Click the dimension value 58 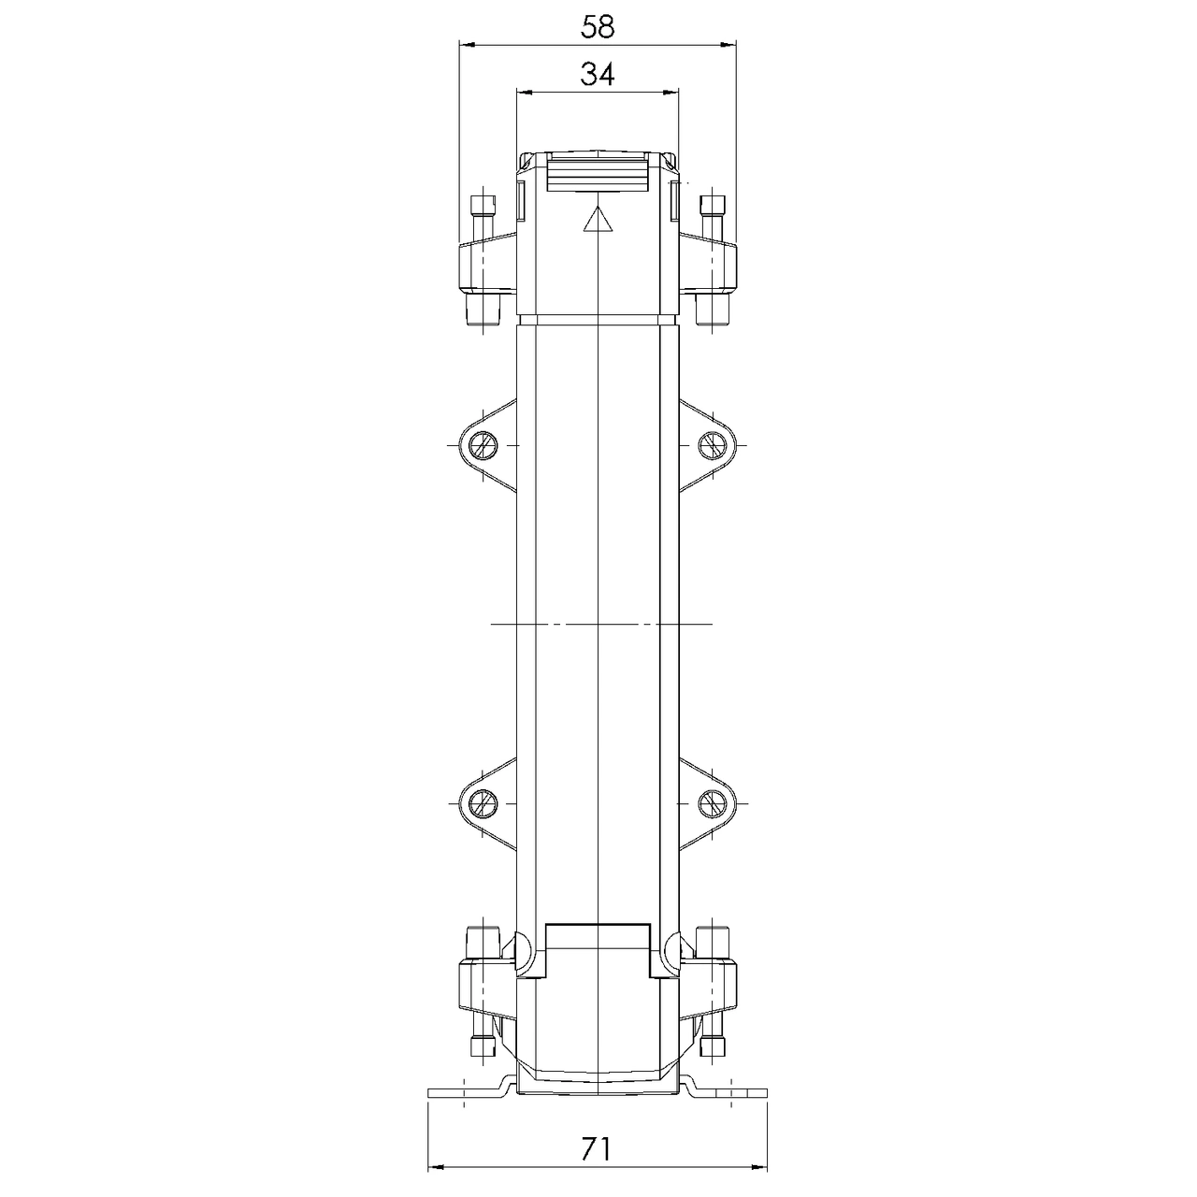point(597,27)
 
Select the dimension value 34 point(597,75)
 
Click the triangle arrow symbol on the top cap point(598,220)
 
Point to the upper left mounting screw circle point(483,445)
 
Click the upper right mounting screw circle point(712,445)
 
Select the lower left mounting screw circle point(483,804)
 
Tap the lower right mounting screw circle point(712,804)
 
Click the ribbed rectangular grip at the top point(597,172)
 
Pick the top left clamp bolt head point(483,205)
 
